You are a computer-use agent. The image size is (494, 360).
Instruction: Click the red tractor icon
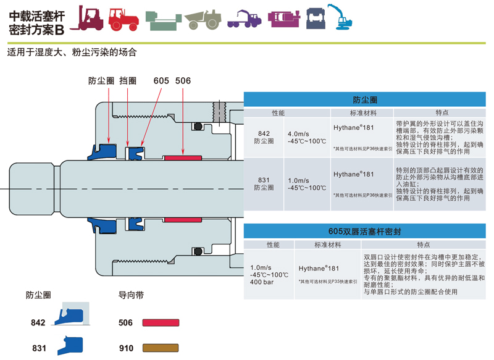coord(124,19)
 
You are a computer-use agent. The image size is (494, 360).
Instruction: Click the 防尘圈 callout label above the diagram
coord(101,81)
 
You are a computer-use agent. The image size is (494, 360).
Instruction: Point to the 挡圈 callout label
coord(128,81)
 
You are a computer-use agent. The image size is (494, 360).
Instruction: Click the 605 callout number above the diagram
coord(161,81)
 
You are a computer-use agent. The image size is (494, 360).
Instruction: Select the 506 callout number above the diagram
coord(183,81)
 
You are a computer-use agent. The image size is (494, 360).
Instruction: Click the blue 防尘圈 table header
coord(364,99)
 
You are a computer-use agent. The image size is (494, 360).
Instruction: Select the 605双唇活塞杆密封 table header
coord(364,232)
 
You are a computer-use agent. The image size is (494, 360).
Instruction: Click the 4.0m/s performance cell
coord(299,133)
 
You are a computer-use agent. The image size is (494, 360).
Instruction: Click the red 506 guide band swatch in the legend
coord(161,322)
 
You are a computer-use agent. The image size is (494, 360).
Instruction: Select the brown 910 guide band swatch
coord(161,348)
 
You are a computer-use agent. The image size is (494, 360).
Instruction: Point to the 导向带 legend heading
coord(131,295)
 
